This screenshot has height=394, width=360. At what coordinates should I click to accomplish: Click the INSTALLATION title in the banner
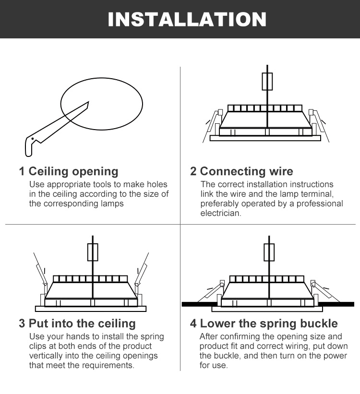click(187, 19)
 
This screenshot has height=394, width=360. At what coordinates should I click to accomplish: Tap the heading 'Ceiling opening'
click(73, 172)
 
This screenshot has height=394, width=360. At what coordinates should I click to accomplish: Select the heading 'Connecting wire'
click(246, 171)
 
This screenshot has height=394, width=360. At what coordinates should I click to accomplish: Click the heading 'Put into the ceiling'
click(82, 323)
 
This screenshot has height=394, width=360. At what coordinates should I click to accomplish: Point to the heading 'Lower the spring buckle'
click(269, 323)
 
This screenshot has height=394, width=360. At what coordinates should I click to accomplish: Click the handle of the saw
click(30, 146)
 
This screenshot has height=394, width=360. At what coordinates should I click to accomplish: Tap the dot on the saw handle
click(33, 139)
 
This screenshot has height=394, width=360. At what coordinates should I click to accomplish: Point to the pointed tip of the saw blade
click(88, 102)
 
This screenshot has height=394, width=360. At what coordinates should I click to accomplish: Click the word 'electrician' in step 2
click(220, 214)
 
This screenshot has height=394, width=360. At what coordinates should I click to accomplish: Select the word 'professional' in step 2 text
click(320, 204)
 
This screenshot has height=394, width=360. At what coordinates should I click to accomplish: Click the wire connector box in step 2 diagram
click(267, 82)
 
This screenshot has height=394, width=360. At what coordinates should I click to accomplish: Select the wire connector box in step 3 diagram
click(93, 252)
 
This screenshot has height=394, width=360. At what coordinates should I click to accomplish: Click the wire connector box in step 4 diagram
click(269, 252)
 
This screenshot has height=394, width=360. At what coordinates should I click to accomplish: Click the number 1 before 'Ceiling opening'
click(22, 171)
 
